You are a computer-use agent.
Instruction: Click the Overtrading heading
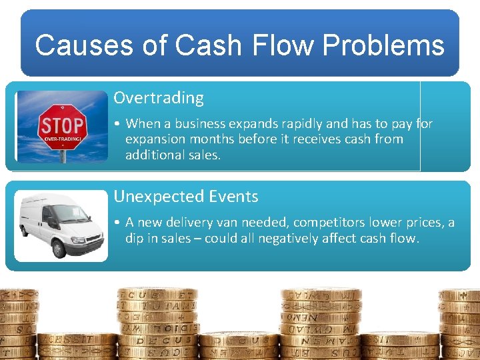159,98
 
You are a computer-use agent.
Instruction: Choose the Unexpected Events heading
186,197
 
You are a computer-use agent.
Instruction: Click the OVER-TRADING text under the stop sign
62,139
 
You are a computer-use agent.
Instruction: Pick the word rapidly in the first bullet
302,124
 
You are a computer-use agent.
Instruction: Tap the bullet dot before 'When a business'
117,124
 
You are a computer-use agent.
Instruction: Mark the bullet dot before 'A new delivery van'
117,223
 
